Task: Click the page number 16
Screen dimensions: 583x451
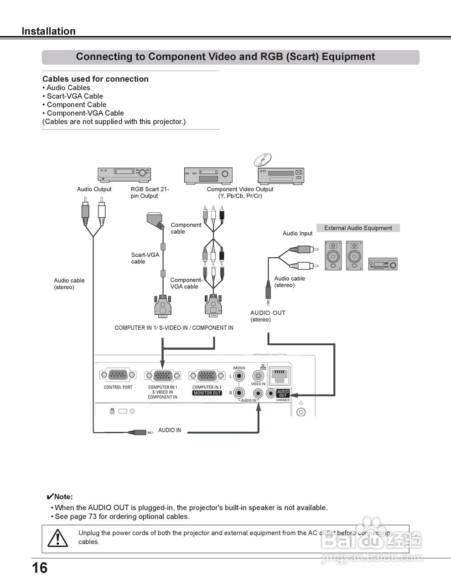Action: point(40,568)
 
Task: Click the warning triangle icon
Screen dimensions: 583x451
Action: point(58,538)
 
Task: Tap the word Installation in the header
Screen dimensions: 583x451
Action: point(48,31)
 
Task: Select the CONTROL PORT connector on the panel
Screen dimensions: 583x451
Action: point(118,375)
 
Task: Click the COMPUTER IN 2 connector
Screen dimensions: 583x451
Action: point(207,376)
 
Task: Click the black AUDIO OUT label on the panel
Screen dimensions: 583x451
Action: point(283,394)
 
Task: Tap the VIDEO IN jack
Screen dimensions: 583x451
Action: point(259,376)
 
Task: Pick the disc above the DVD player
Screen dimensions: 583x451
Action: point(263,160)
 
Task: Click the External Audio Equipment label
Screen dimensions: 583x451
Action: point(358,228)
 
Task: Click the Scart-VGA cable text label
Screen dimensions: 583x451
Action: point(145,258)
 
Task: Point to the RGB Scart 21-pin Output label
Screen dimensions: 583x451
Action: point(150,193)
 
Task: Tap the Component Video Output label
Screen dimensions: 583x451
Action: point(240,193)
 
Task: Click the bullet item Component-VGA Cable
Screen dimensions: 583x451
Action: point(85,113)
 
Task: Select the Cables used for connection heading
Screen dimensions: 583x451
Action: point(95,79)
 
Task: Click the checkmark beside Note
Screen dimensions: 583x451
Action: point(50,496)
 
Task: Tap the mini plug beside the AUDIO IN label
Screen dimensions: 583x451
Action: point(139,432)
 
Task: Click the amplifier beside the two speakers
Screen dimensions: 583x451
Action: point(383,264)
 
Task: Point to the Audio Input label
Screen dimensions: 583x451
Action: point(297,233)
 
